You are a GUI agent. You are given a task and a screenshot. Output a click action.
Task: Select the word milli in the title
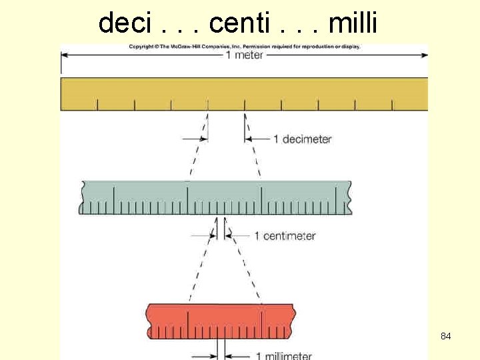tap(353, 23)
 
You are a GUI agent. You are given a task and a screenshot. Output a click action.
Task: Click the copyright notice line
tap(245, 47)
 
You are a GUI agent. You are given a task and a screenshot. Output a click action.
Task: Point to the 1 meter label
tap(244, 55)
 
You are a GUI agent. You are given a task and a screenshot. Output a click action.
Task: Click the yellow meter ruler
tap(244, 93)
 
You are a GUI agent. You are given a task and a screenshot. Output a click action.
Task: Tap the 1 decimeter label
tap(302, 139)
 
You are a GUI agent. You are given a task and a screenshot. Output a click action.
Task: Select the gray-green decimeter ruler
tap(215, 197)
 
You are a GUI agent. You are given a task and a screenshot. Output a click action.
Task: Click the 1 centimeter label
tap(285, 236)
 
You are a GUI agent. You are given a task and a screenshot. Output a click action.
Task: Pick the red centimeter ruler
tap(221, 321)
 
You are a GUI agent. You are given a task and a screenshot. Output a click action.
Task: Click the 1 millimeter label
tap(283, 355)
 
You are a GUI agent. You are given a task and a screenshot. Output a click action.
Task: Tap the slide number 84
tap(445, 337)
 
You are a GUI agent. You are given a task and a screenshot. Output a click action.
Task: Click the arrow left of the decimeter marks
tap(195, 139)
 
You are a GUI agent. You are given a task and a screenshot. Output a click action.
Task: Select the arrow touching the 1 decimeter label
tap(258, 139)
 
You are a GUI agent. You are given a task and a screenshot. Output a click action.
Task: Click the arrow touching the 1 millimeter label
tap(237, 355)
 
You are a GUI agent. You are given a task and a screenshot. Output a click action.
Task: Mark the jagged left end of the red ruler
tap(149, 321)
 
